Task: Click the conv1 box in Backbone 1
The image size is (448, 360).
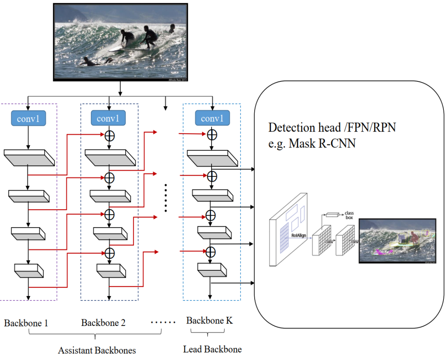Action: tap(28, 119)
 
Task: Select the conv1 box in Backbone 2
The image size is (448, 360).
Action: tap(108, 119)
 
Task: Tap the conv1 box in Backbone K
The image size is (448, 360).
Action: tap(212, 119)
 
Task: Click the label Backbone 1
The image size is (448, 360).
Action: tap(26, 323)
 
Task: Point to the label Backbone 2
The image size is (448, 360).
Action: tap(103, 323)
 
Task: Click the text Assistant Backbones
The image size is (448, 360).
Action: tap(97, 350)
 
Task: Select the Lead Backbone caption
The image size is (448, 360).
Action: tap(212, 349)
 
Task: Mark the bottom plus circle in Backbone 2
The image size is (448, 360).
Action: tap(109, 252)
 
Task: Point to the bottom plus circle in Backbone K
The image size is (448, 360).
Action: tap(212, 251)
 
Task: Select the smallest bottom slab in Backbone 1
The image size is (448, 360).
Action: tap(29, 270)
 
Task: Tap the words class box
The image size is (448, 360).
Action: tap(349, 215)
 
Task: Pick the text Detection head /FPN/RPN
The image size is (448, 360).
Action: tap(332, 127)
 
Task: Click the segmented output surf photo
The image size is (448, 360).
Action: tap(397, 241)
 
